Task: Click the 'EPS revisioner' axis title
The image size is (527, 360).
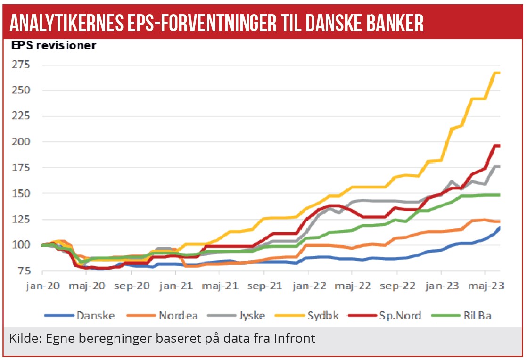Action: [54, 46]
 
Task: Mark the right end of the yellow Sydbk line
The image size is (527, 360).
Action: [499, 73]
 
